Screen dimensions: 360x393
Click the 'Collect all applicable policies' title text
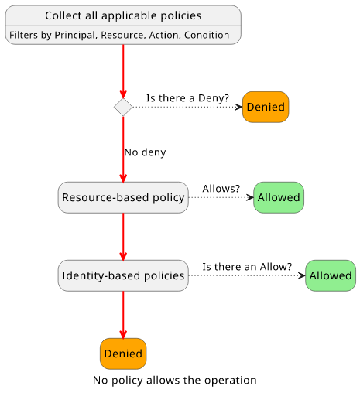(123, 15)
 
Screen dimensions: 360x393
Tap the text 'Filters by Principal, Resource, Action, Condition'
(119, 35)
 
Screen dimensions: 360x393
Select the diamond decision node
(123, 107)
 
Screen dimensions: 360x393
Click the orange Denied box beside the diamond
(266, 107)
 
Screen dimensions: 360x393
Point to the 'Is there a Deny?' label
(187, 98)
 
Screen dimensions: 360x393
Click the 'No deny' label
(145, 152)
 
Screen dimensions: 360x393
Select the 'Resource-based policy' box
(123, 197)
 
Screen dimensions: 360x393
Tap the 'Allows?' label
(221, 189)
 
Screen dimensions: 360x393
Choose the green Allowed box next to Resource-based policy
(279, 197)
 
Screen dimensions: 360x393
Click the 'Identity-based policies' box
(123, 275)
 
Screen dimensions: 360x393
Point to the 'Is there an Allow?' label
(247, 267)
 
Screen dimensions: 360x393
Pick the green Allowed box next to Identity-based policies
(331, 275)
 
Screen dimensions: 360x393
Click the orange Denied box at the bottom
(123, 354)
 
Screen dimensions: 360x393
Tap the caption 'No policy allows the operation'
(175, 380)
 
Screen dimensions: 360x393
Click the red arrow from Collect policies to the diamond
(123, 71)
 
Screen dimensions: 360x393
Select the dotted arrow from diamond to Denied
(187, 107)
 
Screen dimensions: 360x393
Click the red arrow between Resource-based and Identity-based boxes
(123, 237)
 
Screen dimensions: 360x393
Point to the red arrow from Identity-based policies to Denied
(123, 315)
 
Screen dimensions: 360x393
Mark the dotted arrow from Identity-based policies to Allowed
(247, 275)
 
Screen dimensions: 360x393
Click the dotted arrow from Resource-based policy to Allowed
(221, 197)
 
